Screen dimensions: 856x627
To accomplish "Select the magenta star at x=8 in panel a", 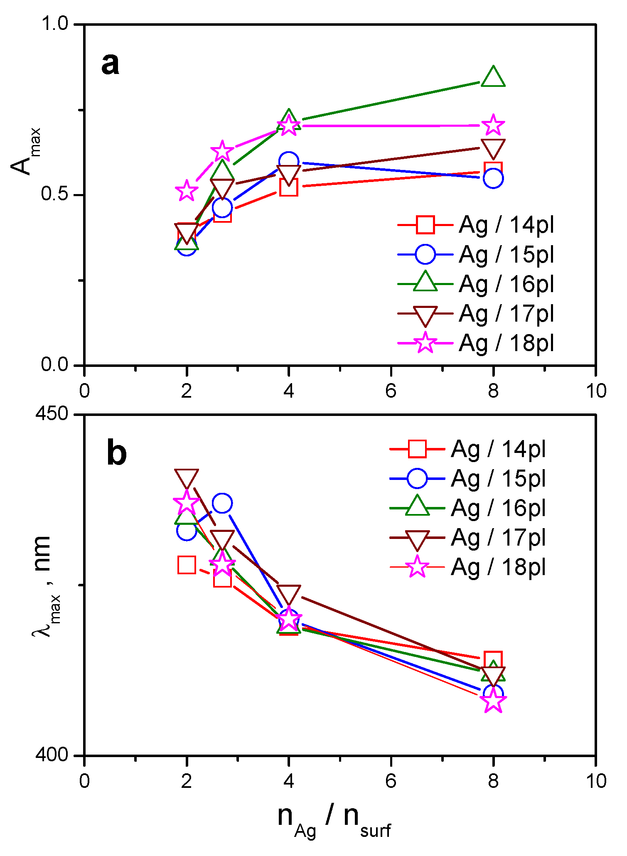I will [x=493, y=125].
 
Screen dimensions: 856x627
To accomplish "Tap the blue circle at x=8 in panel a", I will [x=493, y=178].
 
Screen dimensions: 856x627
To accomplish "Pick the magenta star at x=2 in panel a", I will [x=187, y=191].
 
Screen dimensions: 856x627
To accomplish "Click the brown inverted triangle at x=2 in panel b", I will [x=187, y=479].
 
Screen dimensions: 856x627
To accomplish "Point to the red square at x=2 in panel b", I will [x=187, y=565].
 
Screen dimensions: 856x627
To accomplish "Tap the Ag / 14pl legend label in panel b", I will [x=498, y=449].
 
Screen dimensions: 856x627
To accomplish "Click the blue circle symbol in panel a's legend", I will [x=425, y=254].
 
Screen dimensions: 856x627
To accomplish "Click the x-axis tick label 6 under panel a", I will [x=391, y=391].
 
